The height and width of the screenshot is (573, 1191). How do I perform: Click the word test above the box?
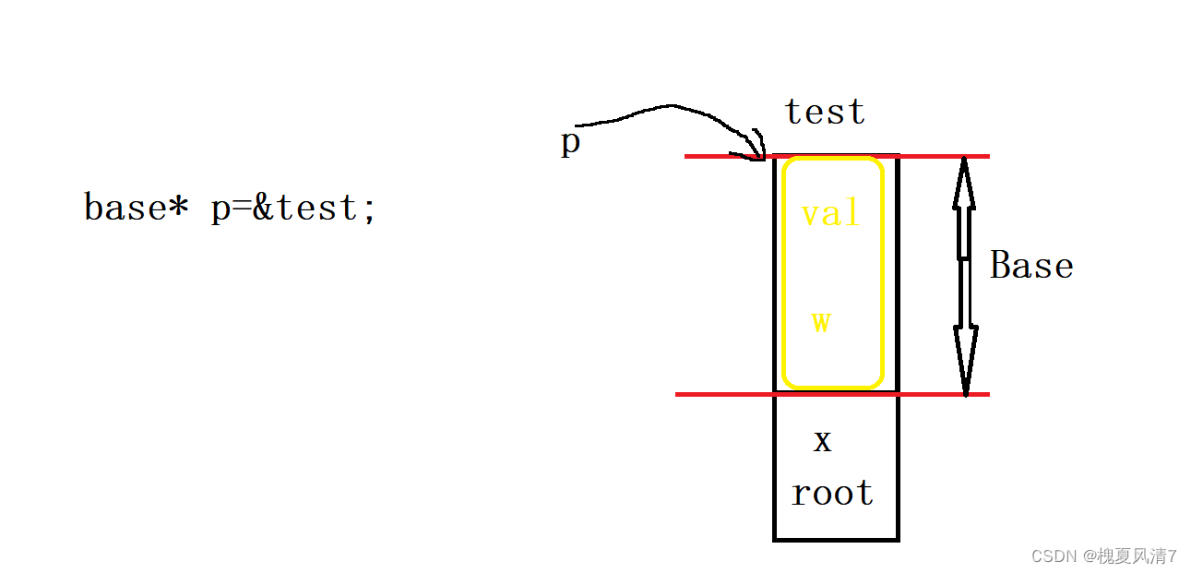[x=825, y=113]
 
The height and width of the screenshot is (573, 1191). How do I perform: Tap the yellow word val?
[x=830, y=214]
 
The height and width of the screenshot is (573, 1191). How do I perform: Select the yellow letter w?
[x=821, y=321]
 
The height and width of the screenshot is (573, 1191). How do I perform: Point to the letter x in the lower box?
[x=822, y=441]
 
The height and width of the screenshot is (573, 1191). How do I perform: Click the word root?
[x=832, y=493]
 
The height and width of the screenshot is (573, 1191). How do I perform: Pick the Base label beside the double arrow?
[x=1031, y=266]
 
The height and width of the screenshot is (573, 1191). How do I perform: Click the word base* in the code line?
[x=137, y=208]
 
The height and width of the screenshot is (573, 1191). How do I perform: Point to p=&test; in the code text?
[x=293, y=209]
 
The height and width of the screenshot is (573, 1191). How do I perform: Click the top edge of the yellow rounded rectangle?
[x=832, y=160]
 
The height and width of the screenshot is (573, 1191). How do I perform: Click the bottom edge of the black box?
[x=836, y=539]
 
